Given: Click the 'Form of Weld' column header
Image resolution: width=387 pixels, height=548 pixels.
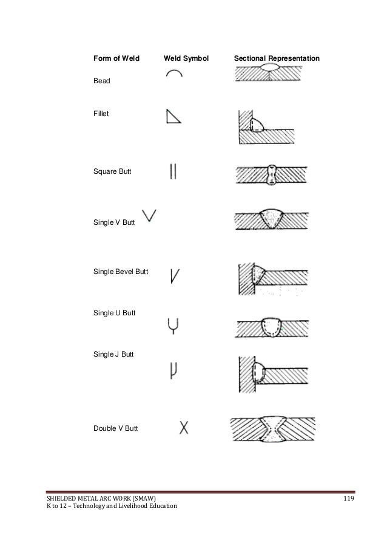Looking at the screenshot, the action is point(116,59).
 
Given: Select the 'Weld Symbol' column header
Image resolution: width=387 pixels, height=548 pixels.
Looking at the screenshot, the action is point(186,59).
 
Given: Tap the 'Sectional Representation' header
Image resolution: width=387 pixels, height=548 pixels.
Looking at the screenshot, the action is point(276,59).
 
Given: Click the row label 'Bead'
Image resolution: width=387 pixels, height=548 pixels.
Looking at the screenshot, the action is point(102,81).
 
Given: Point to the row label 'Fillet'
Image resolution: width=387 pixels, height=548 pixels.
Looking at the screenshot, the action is point(101,114).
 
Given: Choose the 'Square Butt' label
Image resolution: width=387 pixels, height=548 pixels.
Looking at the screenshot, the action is point(112,173).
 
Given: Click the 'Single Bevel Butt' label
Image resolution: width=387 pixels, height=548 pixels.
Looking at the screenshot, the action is point(121,271).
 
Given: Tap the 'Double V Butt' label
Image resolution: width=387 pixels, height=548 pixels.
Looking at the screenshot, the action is point(115,428).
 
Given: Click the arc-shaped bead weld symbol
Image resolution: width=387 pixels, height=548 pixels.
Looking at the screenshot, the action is point(173,74).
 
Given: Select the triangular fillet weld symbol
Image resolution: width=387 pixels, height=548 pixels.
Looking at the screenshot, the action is point(173,116).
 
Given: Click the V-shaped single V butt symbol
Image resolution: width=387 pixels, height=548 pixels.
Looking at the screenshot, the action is point(149,215).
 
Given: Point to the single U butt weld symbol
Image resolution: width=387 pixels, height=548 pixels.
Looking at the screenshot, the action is point(173,326).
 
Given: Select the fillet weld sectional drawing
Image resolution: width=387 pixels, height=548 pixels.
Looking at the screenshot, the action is point(266,126).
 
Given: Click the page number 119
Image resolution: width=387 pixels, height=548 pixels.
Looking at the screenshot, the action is point(348,499).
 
